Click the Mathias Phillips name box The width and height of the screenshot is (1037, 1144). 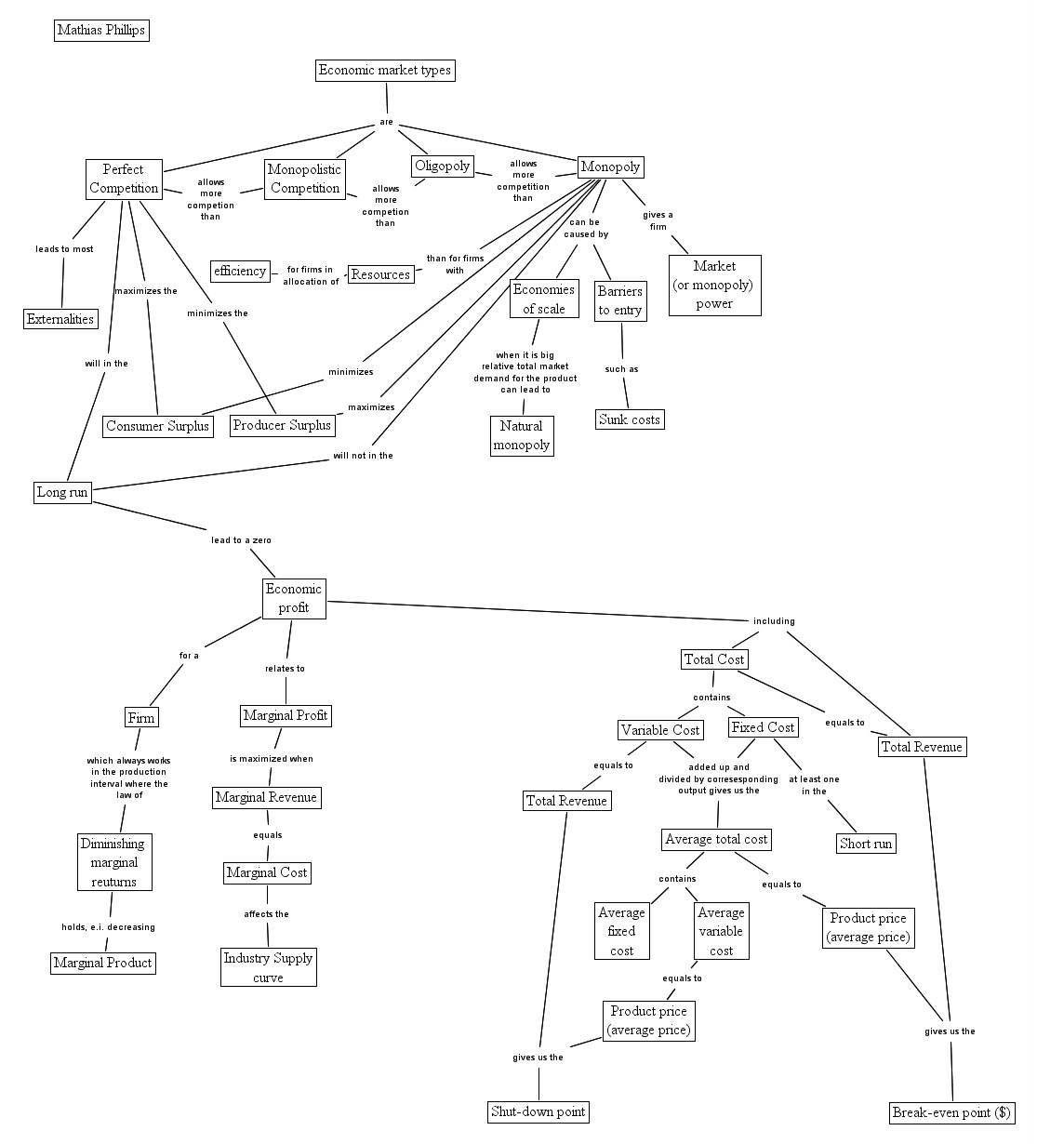pyautogui.click(x=101, y=31)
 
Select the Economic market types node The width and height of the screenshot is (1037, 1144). pyautogui.click(x=385, y=71)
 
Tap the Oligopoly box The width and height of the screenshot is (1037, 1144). pyautogui.click(x=443, y=166)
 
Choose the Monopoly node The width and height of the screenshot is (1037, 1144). pyautogui.click(x=611, y=167)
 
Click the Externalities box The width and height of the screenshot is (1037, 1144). pyautogui.click(x=60, y=320)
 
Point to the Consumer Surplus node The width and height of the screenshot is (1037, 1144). pyautogui.click(x=157, y=427)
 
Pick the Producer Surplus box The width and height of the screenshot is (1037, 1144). pyautogui.click(x=282, y=426)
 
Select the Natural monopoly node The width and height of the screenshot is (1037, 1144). pyautogui.click(x=522, y=436)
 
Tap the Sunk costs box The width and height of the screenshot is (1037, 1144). pyautogui.click(x=630, y=420)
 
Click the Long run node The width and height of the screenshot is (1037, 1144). pyautogui.click(x=63, y=492)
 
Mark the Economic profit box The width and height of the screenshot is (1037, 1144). pyautogui.click(x=294, y=599)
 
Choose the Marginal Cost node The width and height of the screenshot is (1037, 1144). pyautogui.click(x=267, y=873)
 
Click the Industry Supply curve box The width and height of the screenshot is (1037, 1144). pyautogui.click(x=269, y=968)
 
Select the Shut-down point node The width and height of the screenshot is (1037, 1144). pyautogui.click(x=538, y=1112)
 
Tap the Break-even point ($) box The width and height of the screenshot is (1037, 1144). pyautogui.click(x=951, y=1113)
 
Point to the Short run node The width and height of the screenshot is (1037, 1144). pyautogui.click(x=866, y=845)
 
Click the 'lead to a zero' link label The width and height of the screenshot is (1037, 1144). pyautogui.click(x=241, y=540)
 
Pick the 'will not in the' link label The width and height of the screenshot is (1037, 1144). pyautogui.click(x=363, y=456)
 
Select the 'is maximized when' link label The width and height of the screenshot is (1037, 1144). pyautogui.click(x=272, y=759)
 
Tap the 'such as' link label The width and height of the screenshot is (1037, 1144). pyautogui.click(x=621, y=370)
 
